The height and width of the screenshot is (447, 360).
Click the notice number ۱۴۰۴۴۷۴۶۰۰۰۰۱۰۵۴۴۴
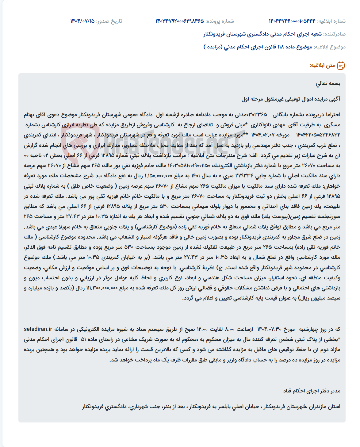(x=292, y=21)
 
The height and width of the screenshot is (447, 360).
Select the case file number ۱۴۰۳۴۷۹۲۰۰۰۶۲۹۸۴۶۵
(x=180, y=21)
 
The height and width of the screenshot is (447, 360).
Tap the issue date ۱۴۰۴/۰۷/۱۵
(x=82, y=21)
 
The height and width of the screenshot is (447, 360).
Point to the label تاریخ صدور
(x=109, y=21)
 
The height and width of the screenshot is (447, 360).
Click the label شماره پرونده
(x=220, y=21)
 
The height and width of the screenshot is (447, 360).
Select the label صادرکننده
(x=335, y=34)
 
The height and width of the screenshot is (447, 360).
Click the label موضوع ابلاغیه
(x=330, y=47)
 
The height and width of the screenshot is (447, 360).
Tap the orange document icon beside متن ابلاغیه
(x=341, y=66)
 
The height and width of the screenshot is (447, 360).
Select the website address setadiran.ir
(x=38, y=329)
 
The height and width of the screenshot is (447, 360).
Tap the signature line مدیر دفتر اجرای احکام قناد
(x=312, y=391)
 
